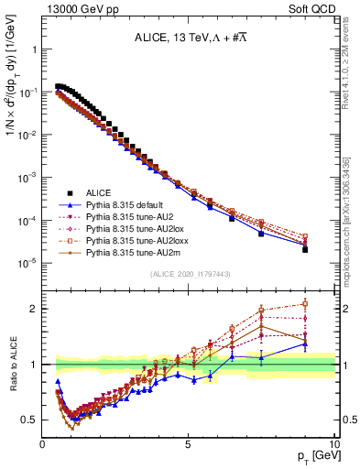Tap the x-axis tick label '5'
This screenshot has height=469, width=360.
tap(189, 443)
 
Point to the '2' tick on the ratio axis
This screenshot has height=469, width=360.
tap(34, 308)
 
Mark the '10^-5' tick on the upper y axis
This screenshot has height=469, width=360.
tap(27, 263)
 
